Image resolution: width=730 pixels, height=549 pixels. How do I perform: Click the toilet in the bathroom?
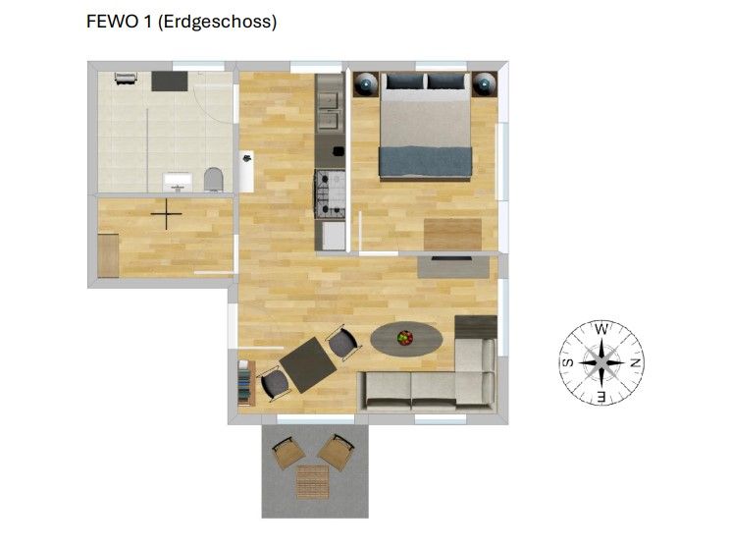[x=214, y=180]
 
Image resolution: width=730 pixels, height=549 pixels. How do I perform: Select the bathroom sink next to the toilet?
[x=178, y=182]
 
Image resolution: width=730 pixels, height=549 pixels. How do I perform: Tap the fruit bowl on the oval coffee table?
[x=405, y=338]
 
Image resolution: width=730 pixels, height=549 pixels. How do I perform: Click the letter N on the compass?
[x=635, y=362]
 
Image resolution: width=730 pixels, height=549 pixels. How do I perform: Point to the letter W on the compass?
[x=601, y=329]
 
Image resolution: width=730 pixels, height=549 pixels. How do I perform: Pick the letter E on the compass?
[x=601, y=397]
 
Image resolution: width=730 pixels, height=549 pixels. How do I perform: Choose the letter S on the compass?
[x=568, y=363]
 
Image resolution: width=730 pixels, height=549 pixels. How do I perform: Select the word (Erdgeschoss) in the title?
[x=218, y=22]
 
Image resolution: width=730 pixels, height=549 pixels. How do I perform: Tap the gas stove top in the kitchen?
[x=330, y=193]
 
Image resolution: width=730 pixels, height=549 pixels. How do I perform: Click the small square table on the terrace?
[x=313, y=481]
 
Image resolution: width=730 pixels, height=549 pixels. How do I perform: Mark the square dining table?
[x=308, y=365]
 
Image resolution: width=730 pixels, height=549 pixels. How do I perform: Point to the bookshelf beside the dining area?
[x=246, y=383]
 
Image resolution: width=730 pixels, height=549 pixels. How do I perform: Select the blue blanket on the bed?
[x=426, y=162]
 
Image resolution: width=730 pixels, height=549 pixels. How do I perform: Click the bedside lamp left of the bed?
[x=365, y=84]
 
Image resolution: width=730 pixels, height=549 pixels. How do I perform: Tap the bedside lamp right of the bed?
[x=485, y=84]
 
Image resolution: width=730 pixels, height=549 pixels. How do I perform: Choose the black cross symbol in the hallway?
[x=166, y=214]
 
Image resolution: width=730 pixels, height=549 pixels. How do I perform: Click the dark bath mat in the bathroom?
[x=170, y=82]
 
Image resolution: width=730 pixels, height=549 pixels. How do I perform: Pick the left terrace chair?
[x=288, y=453]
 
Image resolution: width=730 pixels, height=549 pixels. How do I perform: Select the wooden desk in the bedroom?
[x=452, y=235]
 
